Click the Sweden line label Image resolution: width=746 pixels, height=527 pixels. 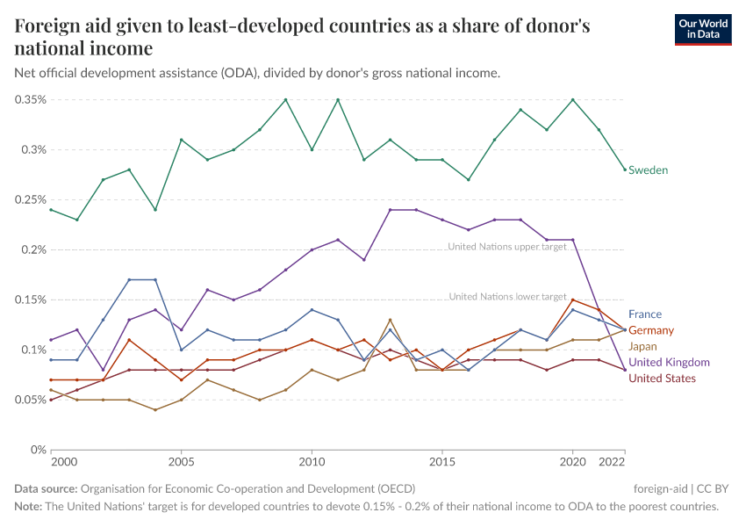tap(648, 170)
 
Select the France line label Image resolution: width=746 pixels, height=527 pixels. tap(645, 314)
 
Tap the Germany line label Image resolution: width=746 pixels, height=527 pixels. tap(651, 330)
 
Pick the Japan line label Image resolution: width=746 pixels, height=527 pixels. tap(642, 346)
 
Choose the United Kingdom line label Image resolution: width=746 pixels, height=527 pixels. tap(669, 362)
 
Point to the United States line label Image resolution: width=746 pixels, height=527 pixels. tap(662, 379)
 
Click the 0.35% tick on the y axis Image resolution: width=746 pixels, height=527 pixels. tap(30, 99)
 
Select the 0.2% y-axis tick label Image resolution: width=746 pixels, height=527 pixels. tap(33, 249)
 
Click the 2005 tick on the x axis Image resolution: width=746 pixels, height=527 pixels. tap(181, 462)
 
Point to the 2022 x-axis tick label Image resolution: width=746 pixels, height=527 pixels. tap(612, 462)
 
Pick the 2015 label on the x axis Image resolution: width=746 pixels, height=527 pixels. tap(441, 462)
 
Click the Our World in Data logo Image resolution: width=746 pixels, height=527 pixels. tap(702, 28)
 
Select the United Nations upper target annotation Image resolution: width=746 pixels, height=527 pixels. tap(506, 247)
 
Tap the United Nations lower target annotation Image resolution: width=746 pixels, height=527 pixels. tap(507, 297)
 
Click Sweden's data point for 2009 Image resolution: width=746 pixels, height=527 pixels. tap(285, 99)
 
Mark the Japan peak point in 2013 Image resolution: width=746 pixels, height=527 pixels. tap(390, 320)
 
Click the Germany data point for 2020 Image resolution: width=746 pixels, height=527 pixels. tap(572, 300)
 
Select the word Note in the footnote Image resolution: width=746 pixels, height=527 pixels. tap(29, 507)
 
